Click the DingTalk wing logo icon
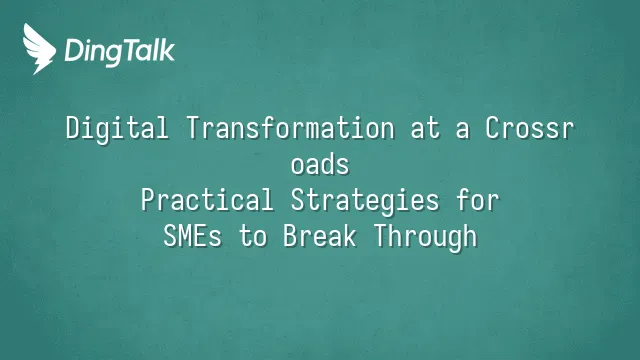pyautogui.click(x=39, y=49)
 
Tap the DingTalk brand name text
pyautogui.click(x=119, y=52)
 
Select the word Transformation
pyautogui.click(x=291, y=128)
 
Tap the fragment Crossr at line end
pyautogui.click(x=529, y=128)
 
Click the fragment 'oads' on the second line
pyautogui.click(x=320, y=164)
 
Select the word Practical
pyautogui.click(x=207, y=200)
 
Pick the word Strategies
pyautogui.click(x=365, y=201)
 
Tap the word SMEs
pyautogui.click(x=193, y=236)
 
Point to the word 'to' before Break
pyautogui.click(x=253, y=237)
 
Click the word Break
pyautogui.click(x=320, y=236)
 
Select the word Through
pyautogui.click(x=426, y=237)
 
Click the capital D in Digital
pyautogui.click(x=73, y=128)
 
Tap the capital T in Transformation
pyautogui.click(x=193, y=128)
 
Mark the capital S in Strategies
pyautogui.click(x=298, y=200)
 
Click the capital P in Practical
pyautogui.click(x=148, y=200)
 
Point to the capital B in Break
pyautogui.click(x=290, y=236)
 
